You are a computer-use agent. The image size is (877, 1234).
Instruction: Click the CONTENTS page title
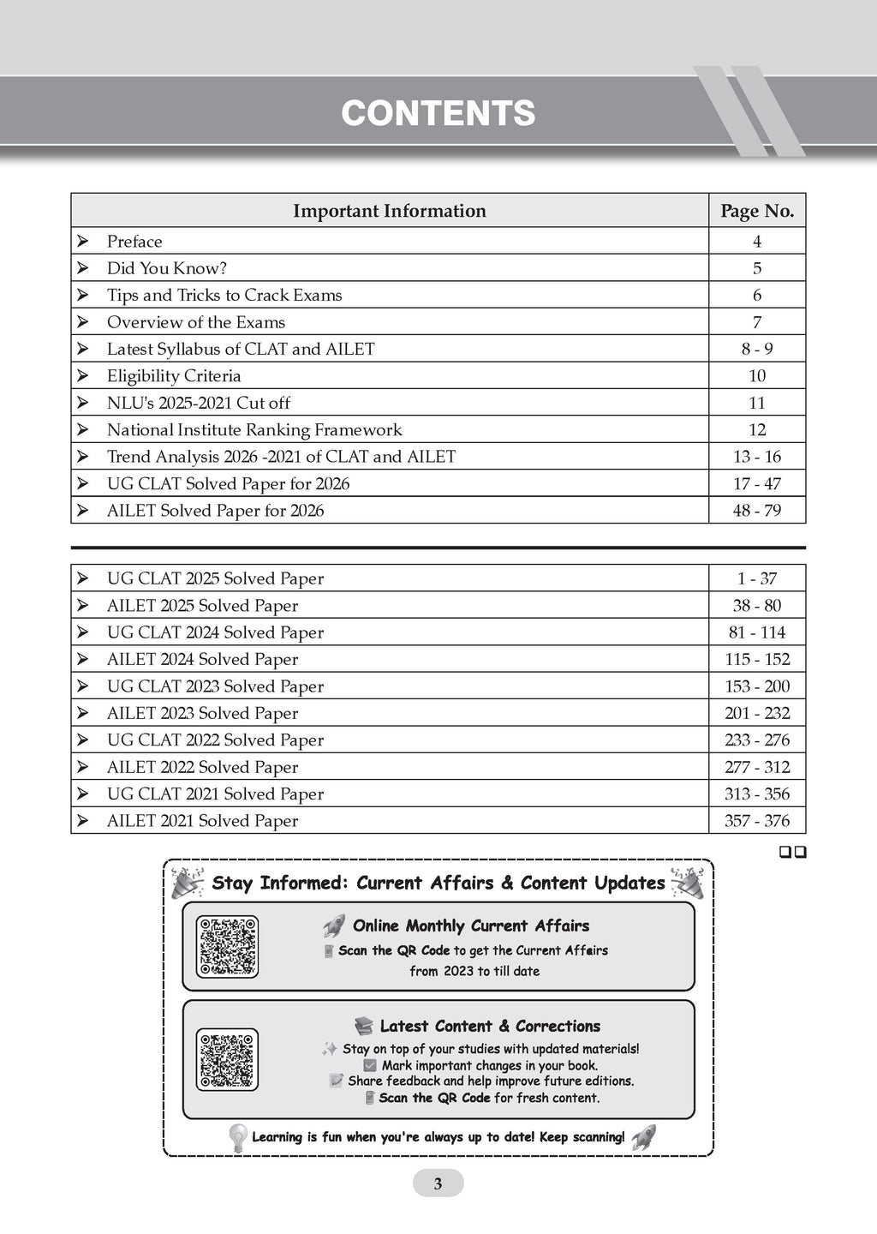438,113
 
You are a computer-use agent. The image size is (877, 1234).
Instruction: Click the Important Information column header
389,211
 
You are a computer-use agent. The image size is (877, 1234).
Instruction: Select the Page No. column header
757,211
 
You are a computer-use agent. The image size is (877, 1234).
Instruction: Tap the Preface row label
134,242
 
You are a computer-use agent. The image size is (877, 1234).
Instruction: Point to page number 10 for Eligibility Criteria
757,375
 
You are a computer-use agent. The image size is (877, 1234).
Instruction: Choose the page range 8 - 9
757,349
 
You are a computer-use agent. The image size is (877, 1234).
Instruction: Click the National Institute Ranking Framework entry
254,429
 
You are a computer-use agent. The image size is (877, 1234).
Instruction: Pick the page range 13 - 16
757,457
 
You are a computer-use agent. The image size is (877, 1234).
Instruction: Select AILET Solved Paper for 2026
215,511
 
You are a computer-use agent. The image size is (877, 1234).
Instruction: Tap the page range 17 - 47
757,483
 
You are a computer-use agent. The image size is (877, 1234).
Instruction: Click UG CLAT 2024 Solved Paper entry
215,632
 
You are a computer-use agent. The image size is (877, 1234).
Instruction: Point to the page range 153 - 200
757,686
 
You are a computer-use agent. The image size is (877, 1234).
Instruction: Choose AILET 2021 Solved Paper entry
202,821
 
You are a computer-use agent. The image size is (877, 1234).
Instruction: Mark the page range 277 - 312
757,767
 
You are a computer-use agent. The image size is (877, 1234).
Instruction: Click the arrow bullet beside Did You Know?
82,268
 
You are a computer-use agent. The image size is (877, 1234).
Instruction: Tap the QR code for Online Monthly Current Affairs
227,947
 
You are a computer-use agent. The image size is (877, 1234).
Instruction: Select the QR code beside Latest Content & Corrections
227,1059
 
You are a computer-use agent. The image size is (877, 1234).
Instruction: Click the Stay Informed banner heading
438,883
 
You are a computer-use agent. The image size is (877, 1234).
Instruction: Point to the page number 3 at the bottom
438,1184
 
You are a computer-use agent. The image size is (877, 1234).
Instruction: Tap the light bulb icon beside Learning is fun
237,1137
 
